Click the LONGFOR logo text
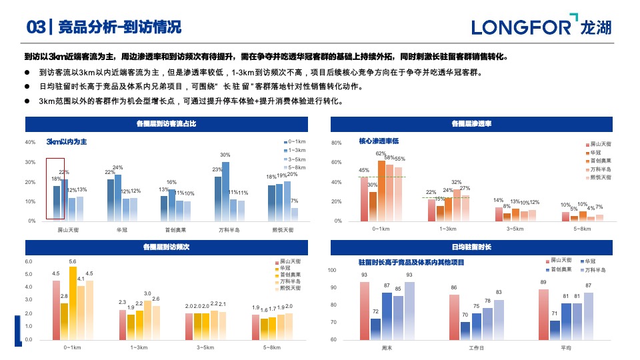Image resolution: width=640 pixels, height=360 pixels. coord(521,27)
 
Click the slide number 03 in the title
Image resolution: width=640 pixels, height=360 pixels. coord(36,27)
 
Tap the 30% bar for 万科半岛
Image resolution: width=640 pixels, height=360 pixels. coord(225,191)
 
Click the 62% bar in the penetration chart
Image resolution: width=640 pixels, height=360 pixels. coord(381,190)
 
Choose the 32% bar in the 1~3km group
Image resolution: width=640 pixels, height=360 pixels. coord(457,204)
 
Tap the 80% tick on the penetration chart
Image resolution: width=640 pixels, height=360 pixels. coord(337,143)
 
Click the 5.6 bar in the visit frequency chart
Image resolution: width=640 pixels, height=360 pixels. coord(73,303)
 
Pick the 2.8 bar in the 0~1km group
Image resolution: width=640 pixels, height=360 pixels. coord(64,321)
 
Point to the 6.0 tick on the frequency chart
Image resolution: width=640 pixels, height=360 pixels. coord(29,261)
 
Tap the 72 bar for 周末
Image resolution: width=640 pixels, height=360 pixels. coord(375,329)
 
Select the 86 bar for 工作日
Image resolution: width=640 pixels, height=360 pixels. coord(454,317)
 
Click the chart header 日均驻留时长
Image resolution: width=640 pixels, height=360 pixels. coord(471,247)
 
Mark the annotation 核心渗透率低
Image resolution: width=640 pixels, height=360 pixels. coord(379,141)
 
